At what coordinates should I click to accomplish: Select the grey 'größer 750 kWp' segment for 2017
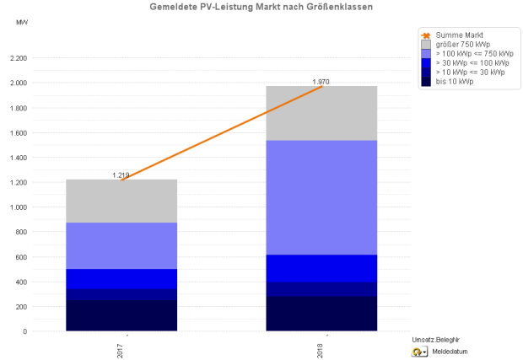(121, 201)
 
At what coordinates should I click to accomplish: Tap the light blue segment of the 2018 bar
(321, 197)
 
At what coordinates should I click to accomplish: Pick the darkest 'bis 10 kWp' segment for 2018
(321, 314)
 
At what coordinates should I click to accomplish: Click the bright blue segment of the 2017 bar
(121, 279)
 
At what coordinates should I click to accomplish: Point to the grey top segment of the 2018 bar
(321, 113)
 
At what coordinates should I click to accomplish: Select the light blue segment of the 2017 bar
(121, 245)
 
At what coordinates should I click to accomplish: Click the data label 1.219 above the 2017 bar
(121, 175)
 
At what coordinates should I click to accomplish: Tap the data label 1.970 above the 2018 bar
(321, 82)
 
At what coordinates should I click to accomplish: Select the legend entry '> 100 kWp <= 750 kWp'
(472, 53)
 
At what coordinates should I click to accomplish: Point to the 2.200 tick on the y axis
(17, 58)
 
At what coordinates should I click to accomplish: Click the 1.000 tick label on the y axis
(17, 207)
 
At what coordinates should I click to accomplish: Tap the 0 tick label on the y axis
(24, 331)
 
